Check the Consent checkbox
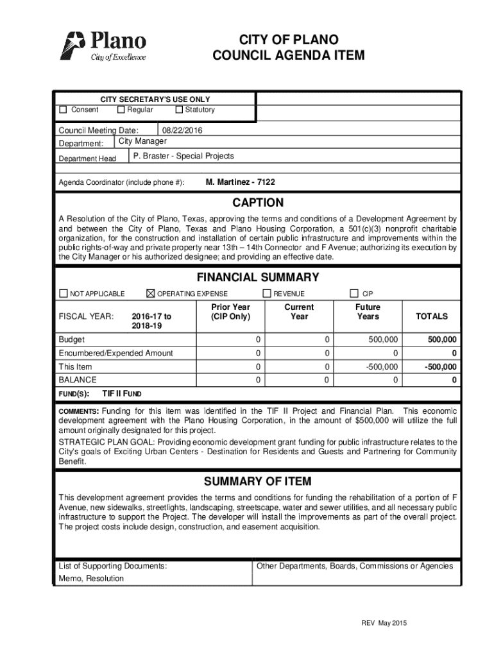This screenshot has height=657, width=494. coord(63,110)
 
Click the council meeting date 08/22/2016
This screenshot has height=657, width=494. coord(182,131)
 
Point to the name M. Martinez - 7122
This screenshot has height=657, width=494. coord(240,183)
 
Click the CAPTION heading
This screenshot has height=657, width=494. coord(258,203)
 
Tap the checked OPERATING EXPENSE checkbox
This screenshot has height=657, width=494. coord(151,294)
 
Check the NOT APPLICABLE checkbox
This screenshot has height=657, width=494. coord(63,294)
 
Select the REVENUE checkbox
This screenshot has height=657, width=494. coord(267,294)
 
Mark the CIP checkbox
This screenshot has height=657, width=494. coord(353,294)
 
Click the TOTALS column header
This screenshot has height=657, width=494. coord(432,316)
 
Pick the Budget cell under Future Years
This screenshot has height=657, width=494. coord(382,339)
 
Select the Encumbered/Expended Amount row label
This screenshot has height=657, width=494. coord(116,354)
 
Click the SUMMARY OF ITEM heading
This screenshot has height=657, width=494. coord(257,482)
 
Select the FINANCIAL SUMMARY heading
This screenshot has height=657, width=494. coord(258,278)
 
